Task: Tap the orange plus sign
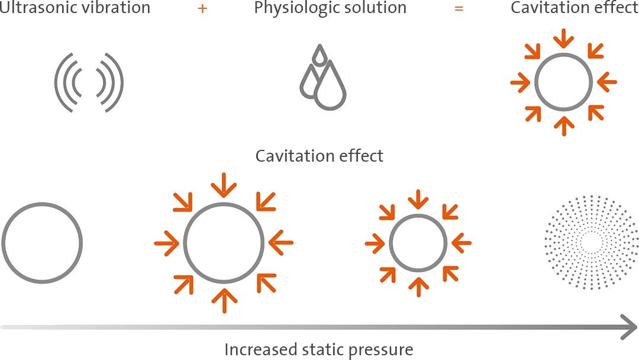[202, 8]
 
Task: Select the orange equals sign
[459, 8]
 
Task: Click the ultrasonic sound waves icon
[89, 82]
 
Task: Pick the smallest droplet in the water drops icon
[320, 54]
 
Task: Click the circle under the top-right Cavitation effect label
[564, 82]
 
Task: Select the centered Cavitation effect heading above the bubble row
[319, 156]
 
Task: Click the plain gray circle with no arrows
[42, 243]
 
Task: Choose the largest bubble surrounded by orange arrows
[224, 243]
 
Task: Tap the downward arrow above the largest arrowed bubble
[224, 185]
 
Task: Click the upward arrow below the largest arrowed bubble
[224, 301]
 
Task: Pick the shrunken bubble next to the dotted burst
[418, 243]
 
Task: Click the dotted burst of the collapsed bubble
[591, 243]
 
